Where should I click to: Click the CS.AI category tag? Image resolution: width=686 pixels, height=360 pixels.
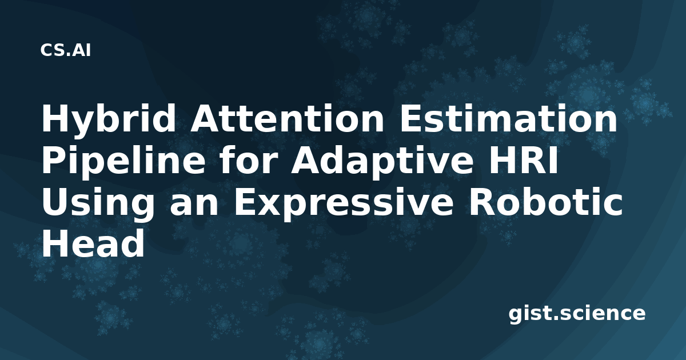[x=66, y=50]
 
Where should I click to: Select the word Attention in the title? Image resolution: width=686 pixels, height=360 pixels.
[x=286, y=118]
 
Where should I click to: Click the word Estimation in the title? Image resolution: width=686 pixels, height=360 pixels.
[x=508, y=118]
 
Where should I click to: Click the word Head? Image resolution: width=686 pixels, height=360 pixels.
[x=93, y=243]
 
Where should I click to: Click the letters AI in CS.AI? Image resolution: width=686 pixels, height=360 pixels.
[x=82, y=50]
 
